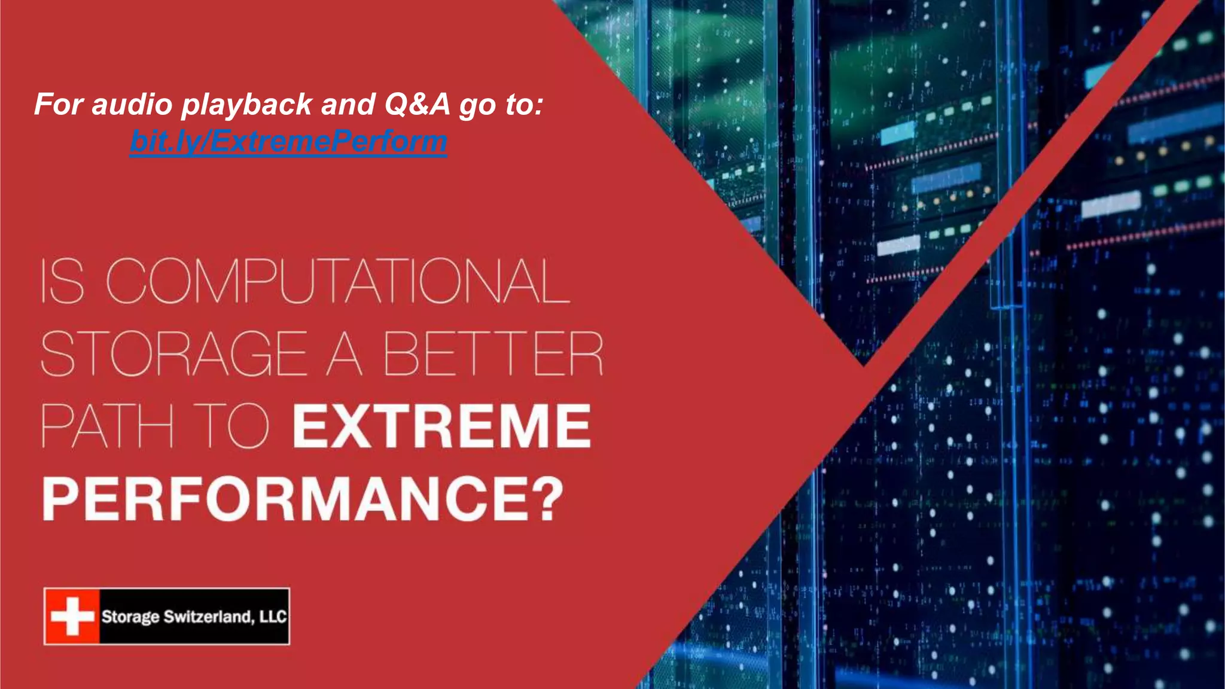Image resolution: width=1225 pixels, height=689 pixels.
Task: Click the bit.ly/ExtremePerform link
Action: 288,142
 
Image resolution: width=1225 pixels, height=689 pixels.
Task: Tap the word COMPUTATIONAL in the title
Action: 338,281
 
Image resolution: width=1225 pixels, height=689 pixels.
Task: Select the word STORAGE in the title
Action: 173,353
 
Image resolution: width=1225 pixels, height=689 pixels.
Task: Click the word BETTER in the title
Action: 493,353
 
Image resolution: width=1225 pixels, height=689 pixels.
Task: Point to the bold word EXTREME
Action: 441,426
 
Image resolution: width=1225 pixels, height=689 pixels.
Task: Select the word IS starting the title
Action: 62,281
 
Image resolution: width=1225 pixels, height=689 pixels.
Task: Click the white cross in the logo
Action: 72,616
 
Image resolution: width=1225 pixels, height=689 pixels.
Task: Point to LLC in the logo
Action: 273,617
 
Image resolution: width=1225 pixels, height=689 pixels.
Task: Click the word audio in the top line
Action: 132,104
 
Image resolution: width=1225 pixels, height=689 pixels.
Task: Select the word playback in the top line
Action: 246,105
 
